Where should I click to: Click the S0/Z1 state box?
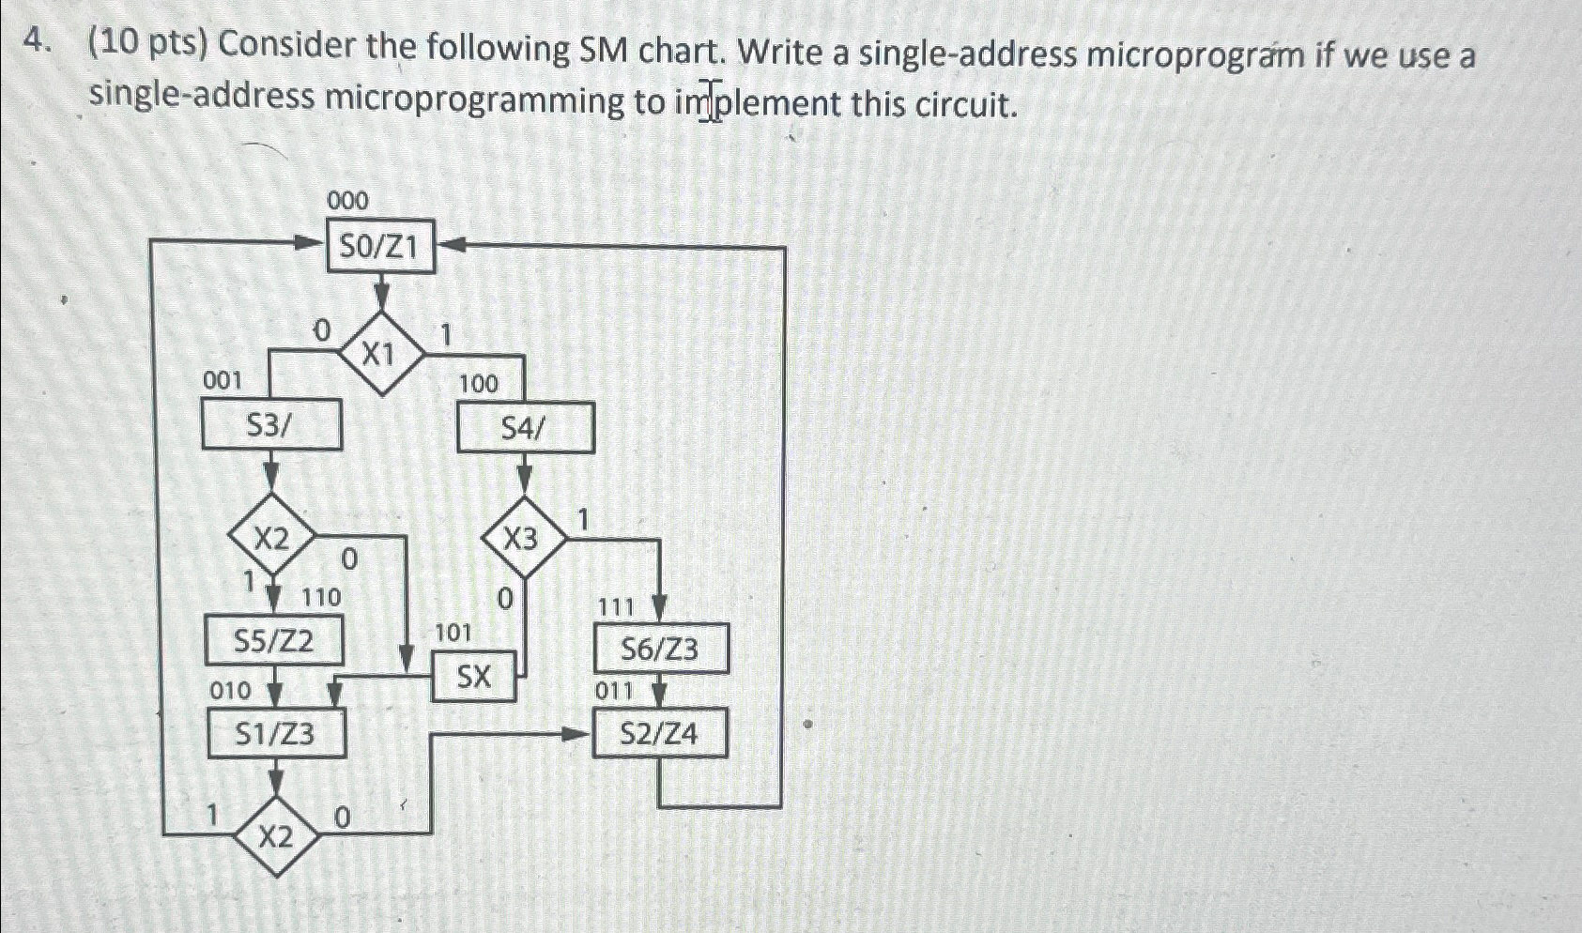click(380, 247)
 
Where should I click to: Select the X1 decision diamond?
click(379, 355)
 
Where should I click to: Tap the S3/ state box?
click(270, 425)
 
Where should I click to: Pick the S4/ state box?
click(525, 428)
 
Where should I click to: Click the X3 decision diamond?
click(523, 539)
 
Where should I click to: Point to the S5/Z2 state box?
click(274, 641)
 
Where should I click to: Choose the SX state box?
click(474, 676)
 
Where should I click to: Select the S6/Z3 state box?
click(661, 649)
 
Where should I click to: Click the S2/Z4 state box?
click(660, 733)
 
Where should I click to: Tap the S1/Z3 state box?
click(275, 733)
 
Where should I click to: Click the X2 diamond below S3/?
click(271, 539)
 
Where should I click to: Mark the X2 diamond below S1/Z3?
click(275, 836)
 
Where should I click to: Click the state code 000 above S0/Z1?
click(348, 200)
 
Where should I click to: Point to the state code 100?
click(479, 383)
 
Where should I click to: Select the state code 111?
click(616, 607)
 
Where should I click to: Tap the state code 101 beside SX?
click(453, 633)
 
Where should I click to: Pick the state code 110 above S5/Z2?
click(321, 597)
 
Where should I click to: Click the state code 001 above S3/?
click(223, 380)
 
